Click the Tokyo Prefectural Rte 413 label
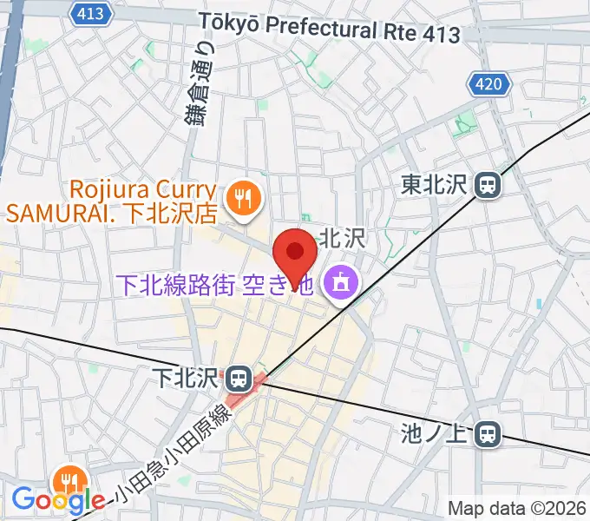[329, 29]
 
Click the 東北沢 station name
[435, 184]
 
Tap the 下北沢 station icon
[237, 379]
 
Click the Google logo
[58, 500]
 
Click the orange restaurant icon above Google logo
[67, 479]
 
